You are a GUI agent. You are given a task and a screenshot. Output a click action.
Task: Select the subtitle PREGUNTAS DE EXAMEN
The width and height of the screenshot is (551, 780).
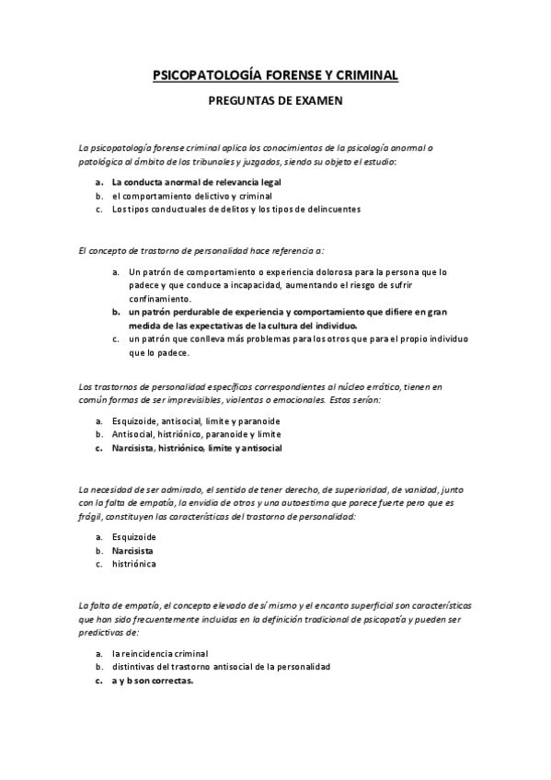coord(275,102)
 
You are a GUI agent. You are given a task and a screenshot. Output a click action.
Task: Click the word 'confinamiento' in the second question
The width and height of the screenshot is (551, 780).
coord(160,298)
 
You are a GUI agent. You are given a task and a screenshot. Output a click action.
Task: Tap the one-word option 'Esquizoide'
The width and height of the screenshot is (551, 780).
coord(134,536)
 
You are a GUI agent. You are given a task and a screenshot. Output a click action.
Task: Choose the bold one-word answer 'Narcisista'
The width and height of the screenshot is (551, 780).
coord(132,550)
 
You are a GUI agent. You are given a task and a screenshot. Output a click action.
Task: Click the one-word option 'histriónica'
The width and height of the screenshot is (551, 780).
coord(134,563)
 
